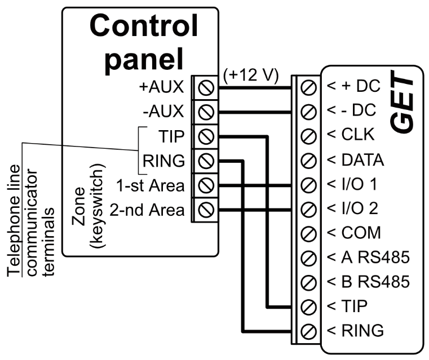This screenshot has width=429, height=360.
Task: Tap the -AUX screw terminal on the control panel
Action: (x=206, y=112)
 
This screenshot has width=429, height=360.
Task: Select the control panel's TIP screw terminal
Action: (x=206, y=136)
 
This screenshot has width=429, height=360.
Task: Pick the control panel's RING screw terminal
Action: (x=206, y=161)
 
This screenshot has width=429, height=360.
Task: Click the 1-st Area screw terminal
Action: (x=206, y=185)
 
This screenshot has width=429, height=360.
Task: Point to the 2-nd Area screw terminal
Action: (x=206, y=210)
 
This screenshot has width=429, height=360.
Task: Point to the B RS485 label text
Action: (x=367, y=281)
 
